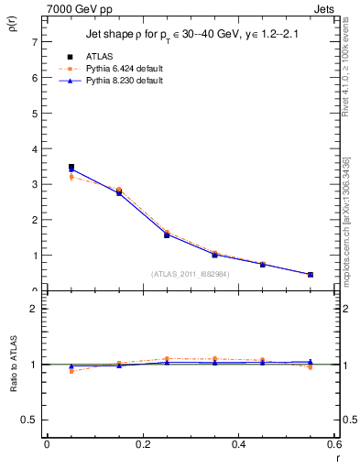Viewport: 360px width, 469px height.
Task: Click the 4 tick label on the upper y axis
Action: click(x=32, y=148)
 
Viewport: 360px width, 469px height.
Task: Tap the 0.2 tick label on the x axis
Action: click(x=142, y=444)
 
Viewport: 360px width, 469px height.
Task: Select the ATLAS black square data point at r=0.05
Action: click(x=71, y=167)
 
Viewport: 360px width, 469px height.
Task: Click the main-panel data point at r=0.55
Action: click(x=311, y=274)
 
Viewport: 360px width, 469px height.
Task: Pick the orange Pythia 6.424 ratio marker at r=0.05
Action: click(x=71, y=371)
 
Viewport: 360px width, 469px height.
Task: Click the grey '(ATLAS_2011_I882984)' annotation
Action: click(x=191, y=273)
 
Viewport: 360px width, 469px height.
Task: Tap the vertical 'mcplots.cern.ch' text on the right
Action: click(x=352, y=229)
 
